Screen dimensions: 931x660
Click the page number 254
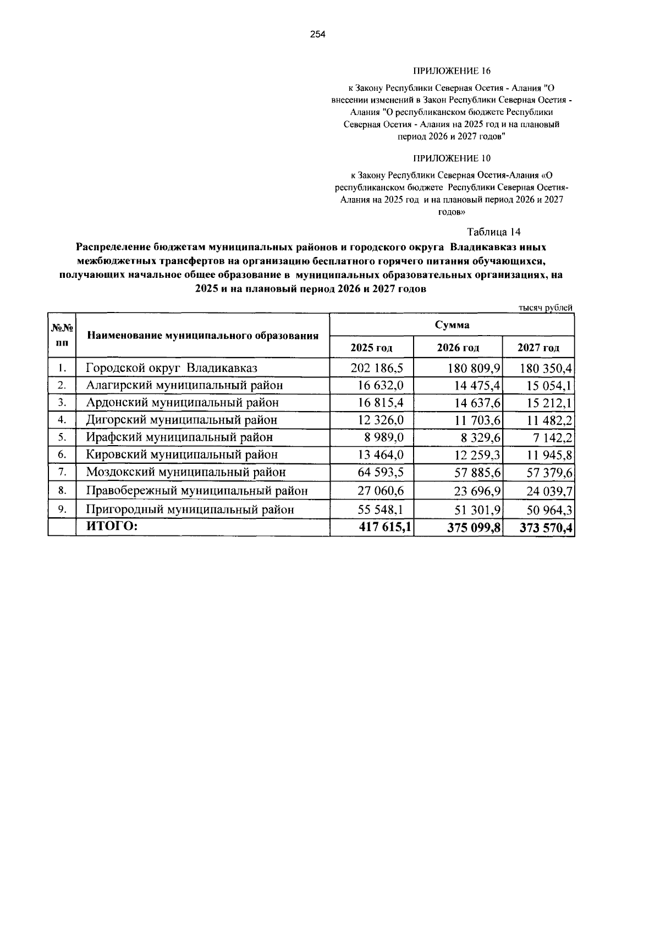[318, 35]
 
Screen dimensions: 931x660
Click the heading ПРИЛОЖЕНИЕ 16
[451, 72]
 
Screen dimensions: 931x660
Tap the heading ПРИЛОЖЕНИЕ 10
[451, 158]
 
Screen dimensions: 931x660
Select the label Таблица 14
[493, 231]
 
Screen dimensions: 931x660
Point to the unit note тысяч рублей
[546, 308]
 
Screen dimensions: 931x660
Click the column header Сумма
[452, 325]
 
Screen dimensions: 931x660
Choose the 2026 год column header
[458, 348]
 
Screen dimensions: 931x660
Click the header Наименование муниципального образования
[203, 335]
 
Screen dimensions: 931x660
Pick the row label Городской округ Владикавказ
[172, 368]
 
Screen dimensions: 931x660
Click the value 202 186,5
[377, 368]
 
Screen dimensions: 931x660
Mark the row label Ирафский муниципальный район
[179, 437]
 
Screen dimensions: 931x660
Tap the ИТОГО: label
[112, 527]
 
